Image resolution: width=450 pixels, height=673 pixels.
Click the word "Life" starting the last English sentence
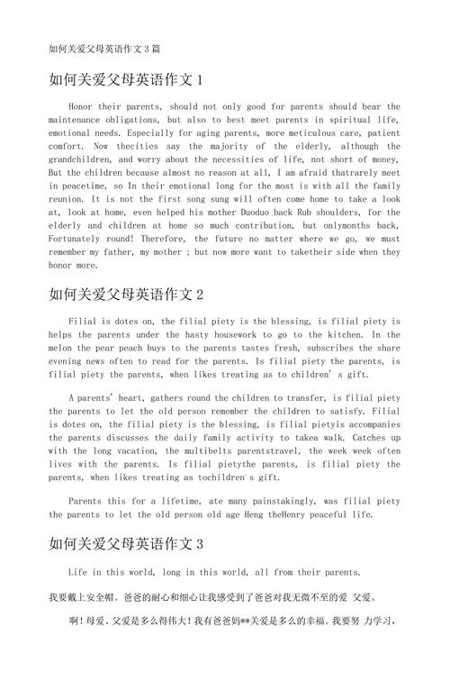click(77, 572)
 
